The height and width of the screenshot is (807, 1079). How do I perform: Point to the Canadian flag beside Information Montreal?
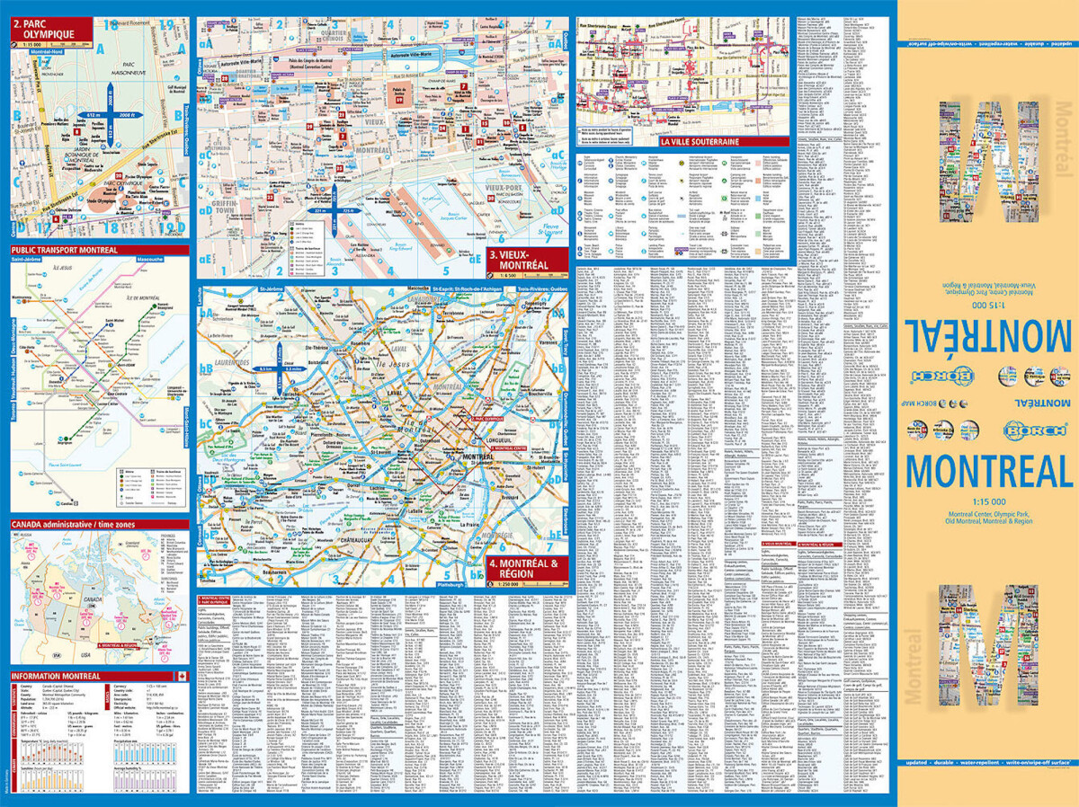[181, 676]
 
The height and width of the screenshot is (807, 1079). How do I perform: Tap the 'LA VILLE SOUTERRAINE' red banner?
[700, 141]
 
